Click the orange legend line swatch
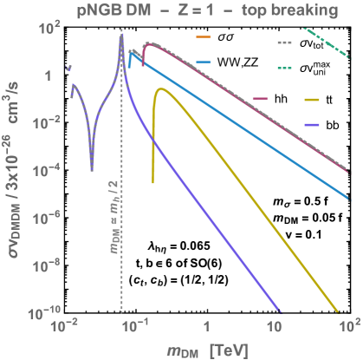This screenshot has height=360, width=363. point(204,38)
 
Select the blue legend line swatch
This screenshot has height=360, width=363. point(204,62)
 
